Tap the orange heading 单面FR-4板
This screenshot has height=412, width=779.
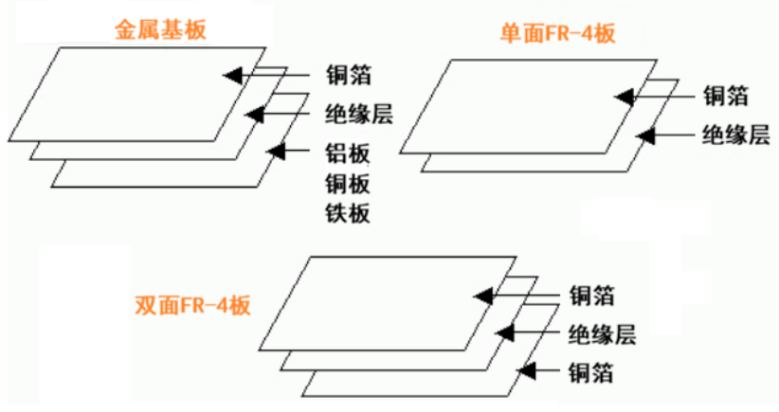(x=558, y=35)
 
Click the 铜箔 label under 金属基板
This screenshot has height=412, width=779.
(x=345, y=75)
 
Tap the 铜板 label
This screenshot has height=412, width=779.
(x=345, y=183)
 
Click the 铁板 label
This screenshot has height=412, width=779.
(x=345, y=213)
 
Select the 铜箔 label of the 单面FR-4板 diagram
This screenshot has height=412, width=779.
(x=726, y=96)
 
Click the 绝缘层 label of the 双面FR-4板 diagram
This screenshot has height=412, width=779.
(x=601, y=333)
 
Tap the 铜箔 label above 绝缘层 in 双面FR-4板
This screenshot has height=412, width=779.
(x=591, y=296)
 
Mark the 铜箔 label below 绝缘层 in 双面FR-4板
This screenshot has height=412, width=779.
(x=591, y=372)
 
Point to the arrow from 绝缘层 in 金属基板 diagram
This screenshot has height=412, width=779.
(x=281, y=114)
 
